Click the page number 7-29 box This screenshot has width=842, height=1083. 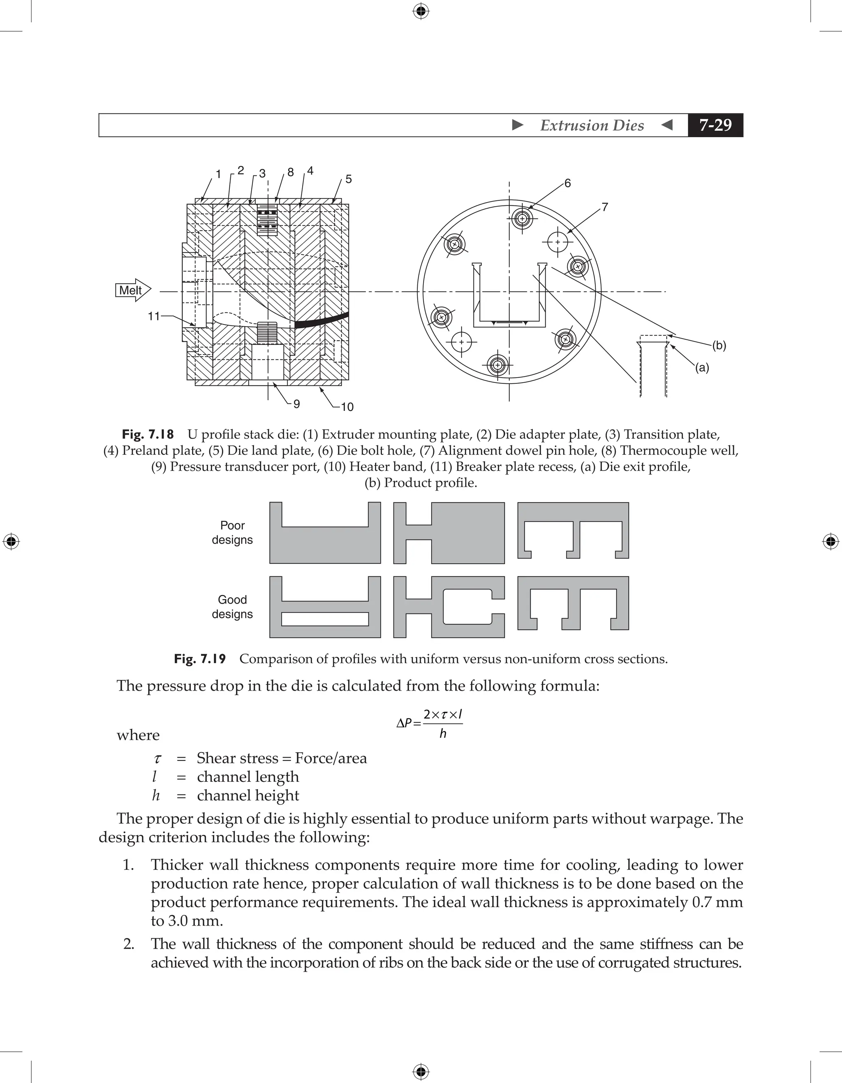coord(715,125)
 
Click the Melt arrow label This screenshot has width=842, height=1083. coord(130,290)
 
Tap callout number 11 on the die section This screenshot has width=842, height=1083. coord(153,316)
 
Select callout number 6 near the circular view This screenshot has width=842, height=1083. coord(568,184)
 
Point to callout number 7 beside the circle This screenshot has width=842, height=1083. coord(605,207)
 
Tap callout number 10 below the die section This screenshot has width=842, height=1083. coord(347,407)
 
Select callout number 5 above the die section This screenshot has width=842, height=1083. coord(348,179)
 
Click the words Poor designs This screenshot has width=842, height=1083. coord(232,532)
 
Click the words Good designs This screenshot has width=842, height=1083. coord(232,606)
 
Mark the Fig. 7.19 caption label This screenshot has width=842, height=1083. coord(199,659)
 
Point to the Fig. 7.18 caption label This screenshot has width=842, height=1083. coord(148,434)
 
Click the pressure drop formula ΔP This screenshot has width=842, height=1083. coord(430,724)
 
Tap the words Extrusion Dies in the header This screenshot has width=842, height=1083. coord(592,125)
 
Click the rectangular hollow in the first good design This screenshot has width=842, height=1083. coord(325,619)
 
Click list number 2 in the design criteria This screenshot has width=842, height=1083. coord(129,944)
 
